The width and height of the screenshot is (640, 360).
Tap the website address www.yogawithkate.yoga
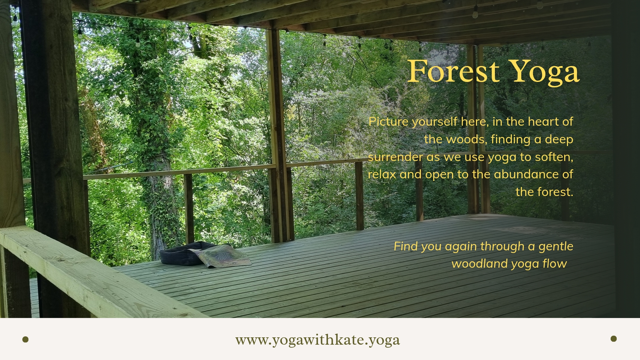[x=317, y=340]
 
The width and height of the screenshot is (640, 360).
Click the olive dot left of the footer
[x=25, y=339]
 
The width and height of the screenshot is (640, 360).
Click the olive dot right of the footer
[x=614, y=339]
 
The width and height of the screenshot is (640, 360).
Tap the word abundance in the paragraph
[x=524, y=174]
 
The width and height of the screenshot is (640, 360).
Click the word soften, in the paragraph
[x=554, y=157]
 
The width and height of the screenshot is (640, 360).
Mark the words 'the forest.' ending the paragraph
[x=544, y=192]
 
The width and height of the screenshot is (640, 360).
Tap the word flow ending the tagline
[x=555, y=264]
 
